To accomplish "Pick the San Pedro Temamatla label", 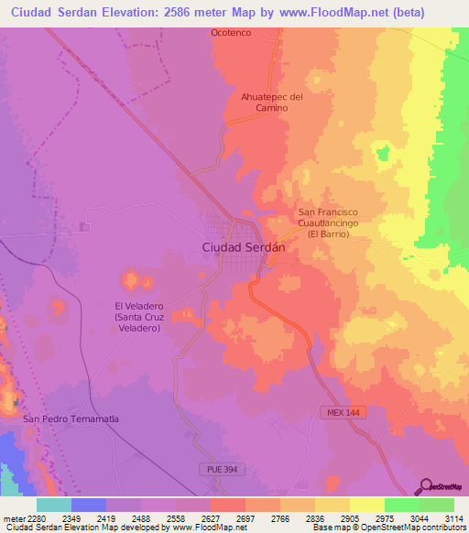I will pyautogui.click(x=71, y=419).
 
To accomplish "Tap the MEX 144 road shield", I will pyautogui.click(x=341, y=413).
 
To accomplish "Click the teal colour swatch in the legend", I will pyautogui.click(x=54, y=505).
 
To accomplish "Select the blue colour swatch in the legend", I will pyautogui.click(x=89, y=505).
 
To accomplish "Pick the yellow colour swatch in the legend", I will pyautogui.click(x=366, y=505).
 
